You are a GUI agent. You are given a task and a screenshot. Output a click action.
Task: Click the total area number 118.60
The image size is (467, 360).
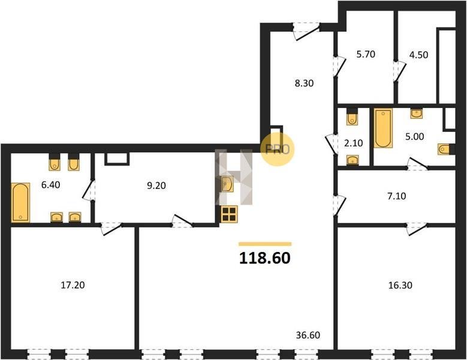pyautogui.click(x=265, y=258)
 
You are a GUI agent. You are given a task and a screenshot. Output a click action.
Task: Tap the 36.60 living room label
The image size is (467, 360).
pyautogui.click(x=308, y=335)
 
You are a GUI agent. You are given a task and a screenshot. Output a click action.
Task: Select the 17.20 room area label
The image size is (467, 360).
pyautogui.click(x=73, y=285)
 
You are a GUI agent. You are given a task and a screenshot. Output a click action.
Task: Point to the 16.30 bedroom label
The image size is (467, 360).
pyautogui.click(x=400, y=285)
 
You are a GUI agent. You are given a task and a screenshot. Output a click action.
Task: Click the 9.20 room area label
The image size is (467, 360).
pyautogui.click(x=156, y=185)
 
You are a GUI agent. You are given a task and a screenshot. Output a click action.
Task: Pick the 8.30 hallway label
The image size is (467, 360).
pyautogui.click(x=304, y=83)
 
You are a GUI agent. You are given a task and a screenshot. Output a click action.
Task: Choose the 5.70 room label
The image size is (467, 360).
pyautogui.click(x=366, y=54)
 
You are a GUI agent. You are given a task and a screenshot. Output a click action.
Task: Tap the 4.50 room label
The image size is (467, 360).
pyautogui.click(x=419, y=55)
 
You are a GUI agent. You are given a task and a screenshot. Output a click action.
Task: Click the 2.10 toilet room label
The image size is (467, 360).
pyautogui.click(x=354, y=143)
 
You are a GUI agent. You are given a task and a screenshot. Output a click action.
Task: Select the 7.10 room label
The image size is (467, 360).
pyautogui.click(x=397, y=196)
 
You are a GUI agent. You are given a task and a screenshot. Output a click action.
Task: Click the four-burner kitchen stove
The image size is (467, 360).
pyautogui.click(x=229, y=214)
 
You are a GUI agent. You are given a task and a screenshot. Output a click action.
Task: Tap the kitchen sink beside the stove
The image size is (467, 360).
pyautogui.click(x=227, y=184)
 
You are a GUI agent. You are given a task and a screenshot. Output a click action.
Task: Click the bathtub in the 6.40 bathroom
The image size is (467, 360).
pyautogui.click(x=20, y=202)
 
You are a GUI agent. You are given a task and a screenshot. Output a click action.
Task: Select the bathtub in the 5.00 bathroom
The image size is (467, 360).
pyautogui.click(x=383, y=128)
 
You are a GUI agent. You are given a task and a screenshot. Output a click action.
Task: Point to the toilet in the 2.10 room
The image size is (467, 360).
pyautogui.click(x=352, y=117)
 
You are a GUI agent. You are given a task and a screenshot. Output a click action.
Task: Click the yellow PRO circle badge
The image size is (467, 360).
pyautogui.click(x=278, y=149)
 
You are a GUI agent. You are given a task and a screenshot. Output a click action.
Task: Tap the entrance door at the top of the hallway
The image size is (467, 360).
pyautogui.click(x=306, y=31)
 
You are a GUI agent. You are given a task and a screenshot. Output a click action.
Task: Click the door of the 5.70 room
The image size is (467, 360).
pyautogui.click(x=339, y=66)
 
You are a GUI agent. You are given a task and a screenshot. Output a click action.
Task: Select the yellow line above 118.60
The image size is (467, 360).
pyautogui.click(x=265, y=244)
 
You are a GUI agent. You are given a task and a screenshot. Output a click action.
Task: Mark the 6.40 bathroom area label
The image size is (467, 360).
pyautogui.click(x=50, y=185)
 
